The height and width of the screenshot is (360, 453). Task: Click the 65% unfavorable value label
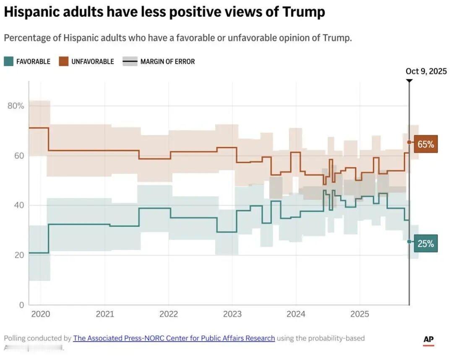pyautogui.click(x=426, y=144)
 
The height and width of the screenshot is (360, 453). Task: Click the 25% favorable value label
pyautogui.click(x=426, y=243)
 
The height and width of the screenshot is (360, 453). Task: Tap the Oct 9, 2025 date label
pyautogui.click(x=426, y=71)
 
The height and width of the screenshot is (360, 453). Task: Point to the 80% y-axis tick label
pyautogui.click(x=16, y=106)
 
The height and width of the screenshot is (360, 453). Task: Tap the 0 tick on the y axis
pyautogui.click(x=21, y=305)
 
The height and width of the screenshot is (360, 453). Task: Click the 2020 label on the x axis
pyautogui.click(x=41, y=314)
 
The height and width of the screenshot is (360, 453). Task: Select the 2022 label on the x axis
pyautogui.click(x=169, y=314)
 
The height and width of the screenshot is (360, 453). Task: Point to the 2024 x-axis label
pyautogui.click(x=296, y=314)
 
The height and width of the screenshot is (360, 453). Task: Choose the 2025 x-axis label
pyautogui.click(x=359, y=314)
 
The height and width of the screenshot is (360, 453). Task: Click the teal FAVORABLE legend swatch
pyautogui.click(x=8, y=62)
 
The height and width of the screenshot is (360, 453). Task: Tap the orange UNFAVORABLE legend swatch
pyautogui.click(x=63, y=62)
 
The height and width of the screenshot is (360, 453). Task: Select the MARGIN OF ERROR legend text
pyautogui.click(x=167, y=62)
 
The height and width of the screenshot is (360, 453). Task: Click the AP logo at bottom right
pyautogui.click(x=428, y=340)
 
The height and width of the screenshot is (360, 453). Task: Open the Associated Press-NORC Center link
pyautogui.click(x=174, y=338)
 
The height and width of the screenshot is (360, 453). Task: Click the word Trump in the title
pyautogui.click(x=303, y=13)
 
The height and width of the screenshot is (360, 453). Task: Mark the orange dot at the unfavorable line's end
pyautogui.click(x=409, y=142)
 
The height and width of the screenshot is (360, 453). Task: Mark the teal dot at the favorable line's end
pyautogui.click(x=409, y=241)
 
